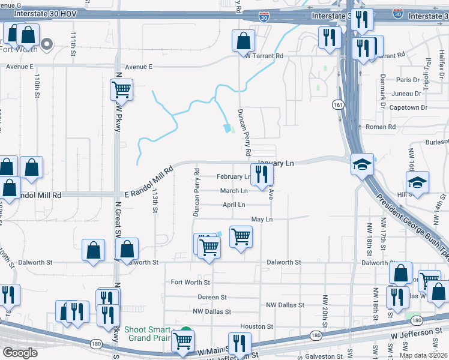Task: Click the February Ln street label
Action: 234,177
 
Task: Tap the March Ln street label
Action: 234,191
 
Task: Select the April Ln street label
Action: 234,205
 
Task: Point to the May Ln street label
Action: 262,220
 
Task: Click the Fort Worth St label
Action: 190,282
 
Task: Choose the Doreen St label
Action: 212,297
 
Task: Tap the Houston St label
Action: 252,326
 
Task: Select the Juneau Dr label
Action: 406,94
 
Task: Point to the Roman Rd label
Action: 381,127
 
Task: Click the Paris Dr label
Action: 408,80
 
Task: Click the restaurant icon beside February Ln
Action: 262,174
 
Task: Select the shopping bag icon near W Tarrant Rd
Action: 243,41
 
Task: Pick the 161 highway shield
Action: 339,105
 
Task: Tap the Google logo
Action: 20,353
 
